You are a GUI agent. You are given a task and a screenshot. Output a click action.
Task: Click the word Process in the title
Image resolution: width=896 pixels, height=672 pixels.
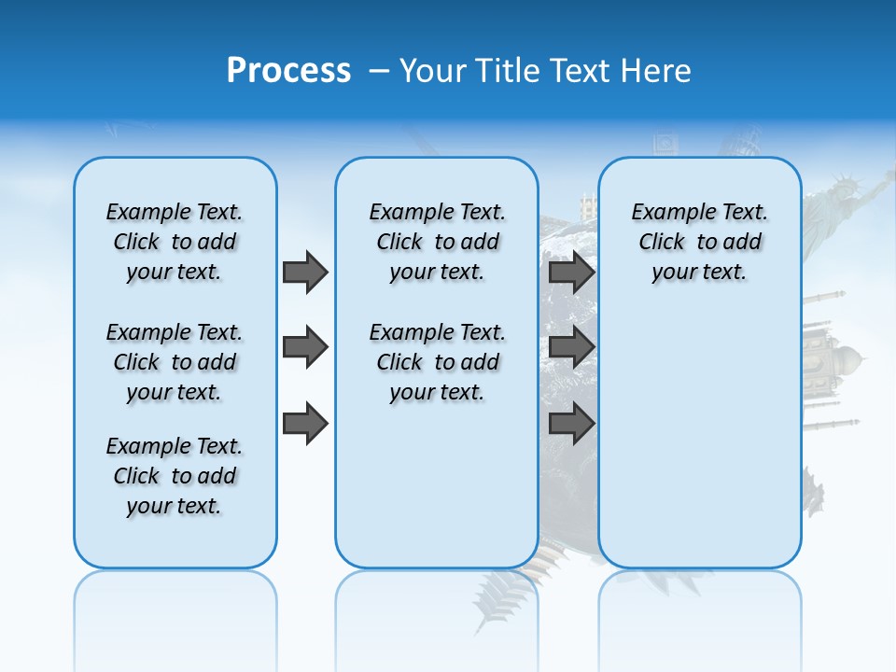[288, 71]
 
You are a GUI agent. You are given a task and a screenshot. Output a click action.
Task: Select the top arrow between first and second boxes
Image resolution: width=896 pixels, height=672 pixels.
[305, 272]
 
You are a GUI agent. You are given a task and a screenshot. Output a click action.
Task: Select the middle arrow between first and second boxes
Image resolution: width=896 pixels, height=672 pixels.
[305, 347]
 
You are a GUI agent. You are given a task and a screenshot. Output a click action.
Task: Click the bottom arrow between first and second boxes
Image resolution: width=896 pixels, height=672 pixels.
[305, 424]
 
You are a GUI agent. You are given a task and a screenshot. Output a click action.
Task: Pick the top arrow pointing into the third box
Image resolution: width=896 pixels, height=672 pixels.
[571, 272]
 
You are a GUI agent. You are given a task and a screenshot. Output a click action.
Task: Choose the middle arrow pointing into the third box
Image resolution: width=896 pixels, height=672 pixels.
[571, 347]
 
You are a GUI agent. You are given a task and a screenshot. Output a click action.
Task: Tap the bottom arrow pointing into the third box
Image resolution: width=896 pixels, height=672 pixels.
[571, 424]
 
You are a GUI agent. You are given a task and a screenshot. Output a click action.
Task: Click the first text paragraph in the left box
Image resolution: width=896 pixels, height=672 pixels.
[175, 242]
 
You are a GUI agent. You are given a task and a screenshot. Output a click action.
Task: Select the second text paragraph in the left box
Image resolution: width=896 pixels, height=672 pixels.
[175, 362]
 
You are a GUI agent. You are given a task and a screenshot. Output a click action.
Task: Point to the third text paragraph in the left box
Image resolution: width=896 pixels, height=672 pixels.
[175, 476]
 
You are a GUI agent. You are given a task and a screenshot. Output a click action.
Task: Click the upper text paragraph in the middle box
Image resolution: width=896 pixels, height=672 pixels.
[437, 242]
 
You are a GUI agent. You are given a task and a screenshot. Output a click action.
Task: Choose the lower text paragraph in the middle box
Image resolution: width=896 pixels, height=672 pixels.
[437, 362]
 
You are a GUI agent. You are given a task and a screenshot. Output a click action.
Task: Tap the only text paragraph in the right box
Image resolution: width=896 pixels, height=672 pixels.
[699, 242]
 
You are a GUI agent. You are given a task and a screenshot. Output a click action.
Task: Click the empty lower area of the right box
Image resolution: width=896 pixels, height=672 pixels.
[699, 448]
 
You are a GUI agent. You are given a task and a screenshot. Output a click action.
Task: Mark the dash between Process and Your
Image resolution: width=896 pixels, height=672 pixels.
[379, 71]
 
